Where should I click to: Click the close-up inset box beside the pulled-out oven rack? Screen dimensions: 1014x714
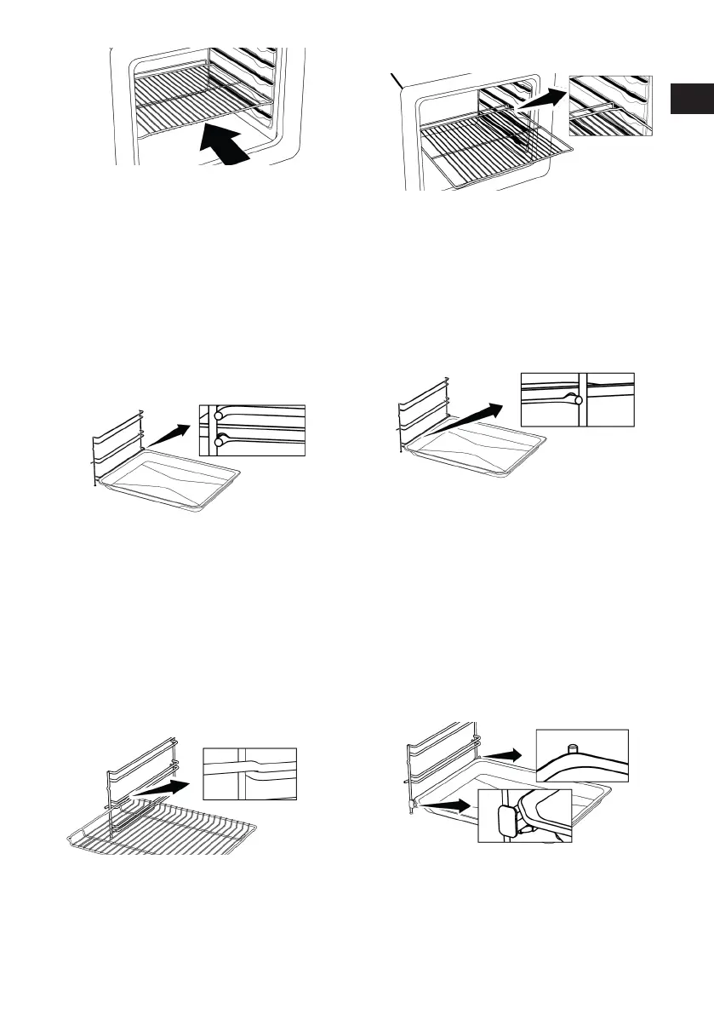point(610,105)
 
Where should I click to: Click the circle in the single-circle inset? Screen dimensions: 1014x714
point(578,398)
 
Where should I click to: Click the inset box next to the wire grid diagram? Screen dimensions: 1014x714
point(249,774)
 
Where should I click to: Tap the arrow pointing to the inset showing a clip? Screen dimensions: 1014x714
point(448,802)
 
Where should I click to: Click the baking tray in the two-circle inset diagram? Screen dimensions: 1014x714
point(170,484)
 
